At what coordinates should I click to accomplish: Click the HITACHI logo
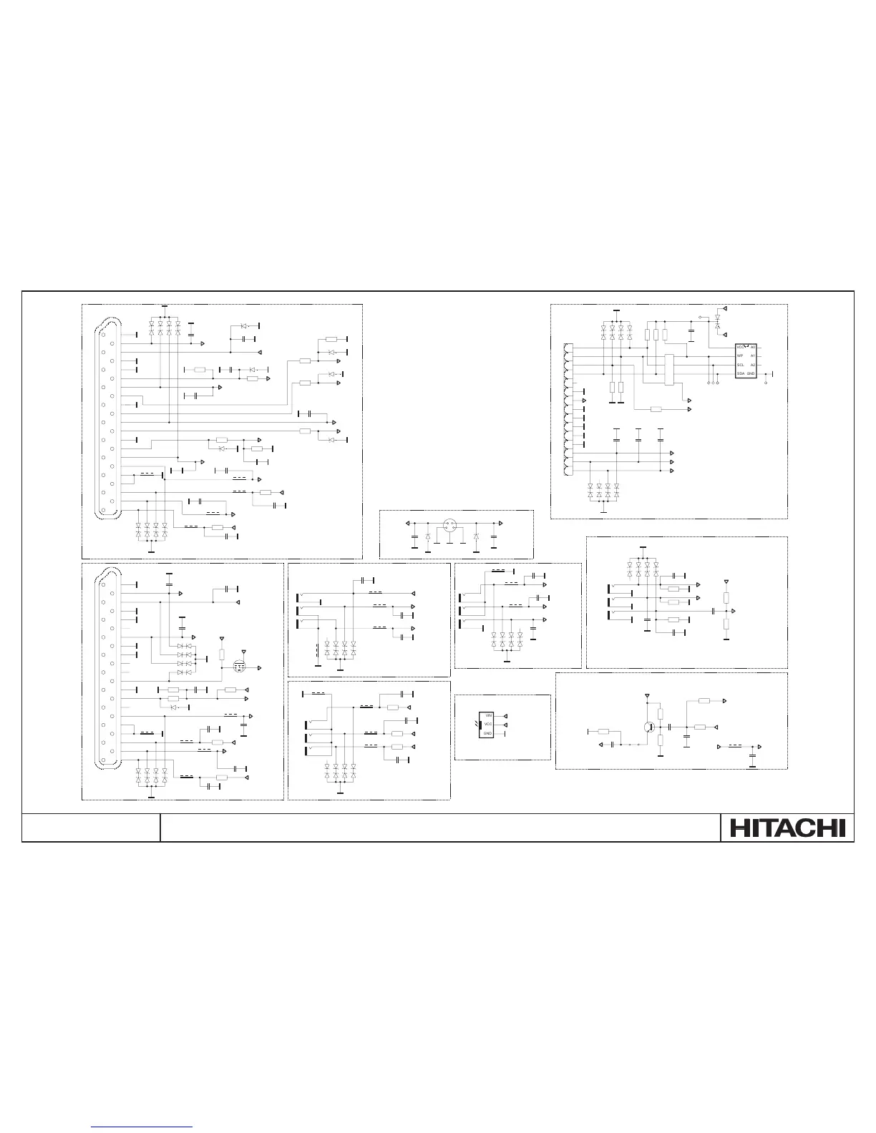pos(787,828)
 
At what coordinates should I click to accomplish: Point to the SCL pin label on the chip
pos(741,365)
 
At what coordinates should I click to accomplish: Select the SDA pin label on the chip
pos(741,374)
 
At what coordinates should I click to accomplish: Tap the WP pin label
pos(740,355)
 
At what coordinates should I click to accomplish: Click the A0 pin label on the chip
pos(752,347)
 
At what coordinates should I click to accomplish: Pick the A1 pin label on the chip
pos(752,355)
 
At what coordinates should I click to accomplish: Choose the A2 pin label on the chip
pos(752,365)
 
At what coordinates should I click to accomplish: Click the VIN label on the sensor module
pos(489,715)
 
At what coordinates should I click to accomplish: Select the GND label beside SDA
pos(751,374)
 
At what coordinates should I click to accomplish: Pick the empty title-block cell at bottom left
pos(91,828)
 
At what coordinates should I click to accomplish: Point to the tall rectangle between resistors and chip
pos(669,370)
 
